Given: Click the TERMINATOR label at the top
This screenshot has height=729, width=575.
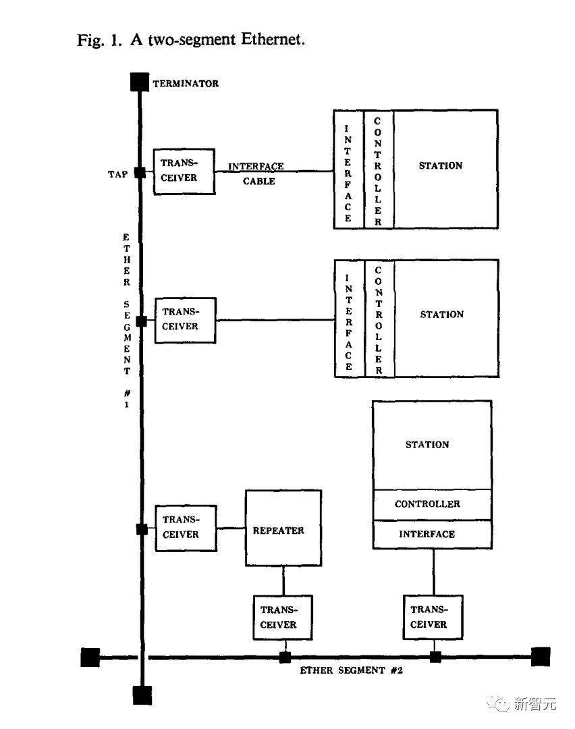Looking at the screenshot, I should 186,84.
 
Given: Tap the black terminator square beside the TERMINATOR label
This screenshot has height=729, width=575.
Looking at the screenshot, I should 139,82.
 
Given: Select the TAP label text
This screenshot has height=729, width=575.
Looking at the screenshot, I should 117,174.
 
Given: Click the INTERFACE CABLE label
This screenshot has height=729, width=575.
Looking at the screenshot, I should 256,173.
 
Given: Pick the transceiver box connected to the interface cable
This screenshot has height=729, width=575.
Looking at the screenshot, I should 184,171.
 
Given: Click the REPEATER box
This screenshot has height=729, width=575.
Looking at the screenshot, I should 283,529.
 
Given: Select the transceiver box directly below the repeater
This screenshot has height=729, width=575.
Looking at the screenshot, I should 283,617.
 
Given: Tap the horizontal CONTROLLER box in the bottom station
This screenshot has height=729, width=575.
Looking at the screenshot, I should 432,504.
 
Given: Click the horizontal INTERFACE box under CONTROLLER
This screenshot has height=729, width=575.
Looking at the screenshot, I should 432,534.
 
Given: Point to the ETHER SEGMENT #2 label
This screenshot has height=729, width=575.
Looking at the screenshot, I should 351,671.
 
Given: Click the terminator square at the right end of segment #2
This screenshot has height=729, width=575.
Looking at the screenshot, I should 541,656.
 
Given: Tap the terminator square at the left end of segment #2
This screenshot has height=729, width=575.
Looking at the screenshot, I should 90,657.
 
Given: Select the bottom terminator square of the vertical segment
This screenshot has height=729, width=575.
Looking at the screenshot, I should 142,695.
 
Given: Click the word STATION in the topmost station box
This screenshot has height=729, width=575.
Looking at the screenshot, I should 441,165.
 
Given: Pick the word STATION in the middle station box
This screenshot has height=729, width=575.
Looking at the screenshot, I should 442,315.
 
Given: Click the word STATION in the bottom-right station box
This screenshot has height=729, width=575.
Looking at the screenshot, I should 427,445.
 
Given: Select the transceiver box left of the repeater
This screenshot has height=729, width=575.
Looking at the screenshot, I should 186,527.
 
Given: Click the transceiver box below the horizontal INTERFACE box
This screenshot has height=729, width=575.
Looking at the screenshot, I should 433,617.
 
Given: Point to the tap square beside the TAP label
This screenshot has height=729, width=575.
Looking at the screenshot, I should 140,173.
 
